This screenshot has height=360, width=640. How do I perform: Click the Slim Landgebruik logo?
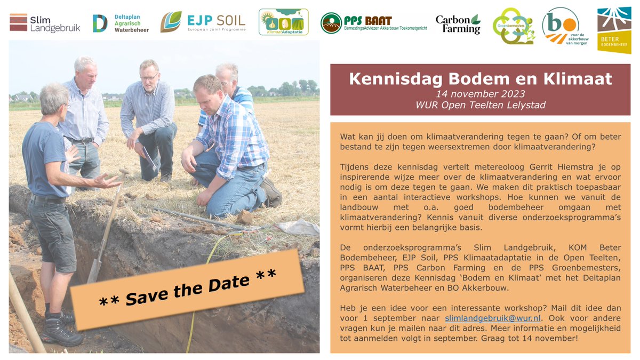point(45,23)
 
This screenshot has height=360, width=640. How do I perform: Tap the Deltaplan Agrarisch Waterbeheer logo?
point(121,23)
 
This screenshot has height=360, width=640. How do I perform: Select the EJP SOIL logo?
point(203,22)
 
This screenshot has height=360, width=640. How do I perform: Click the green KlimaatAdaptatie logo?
point(283,22)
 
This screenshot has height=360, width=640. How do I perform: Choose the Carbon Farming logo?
point(458,23)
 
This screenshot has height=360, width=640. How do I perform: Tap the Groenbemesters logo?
point(513,26)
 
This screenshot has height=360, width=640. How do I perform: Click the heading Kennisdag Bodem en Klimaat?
point(481,79)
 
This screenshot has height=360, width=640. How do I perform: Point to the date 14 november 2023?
point(481,93)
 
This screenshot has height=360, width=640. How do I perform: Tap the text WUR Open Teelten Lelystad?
point(481,105)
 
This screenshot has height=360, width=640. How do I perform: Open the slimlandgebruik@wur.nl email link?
point(492,318)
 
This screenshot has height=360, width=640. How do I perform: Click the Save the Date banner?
point(187,289)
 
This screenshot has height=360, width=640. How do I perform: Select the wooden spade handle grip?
point(124,173)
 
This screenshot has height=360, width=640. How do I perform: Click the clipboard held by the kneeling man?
point(150,159)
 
